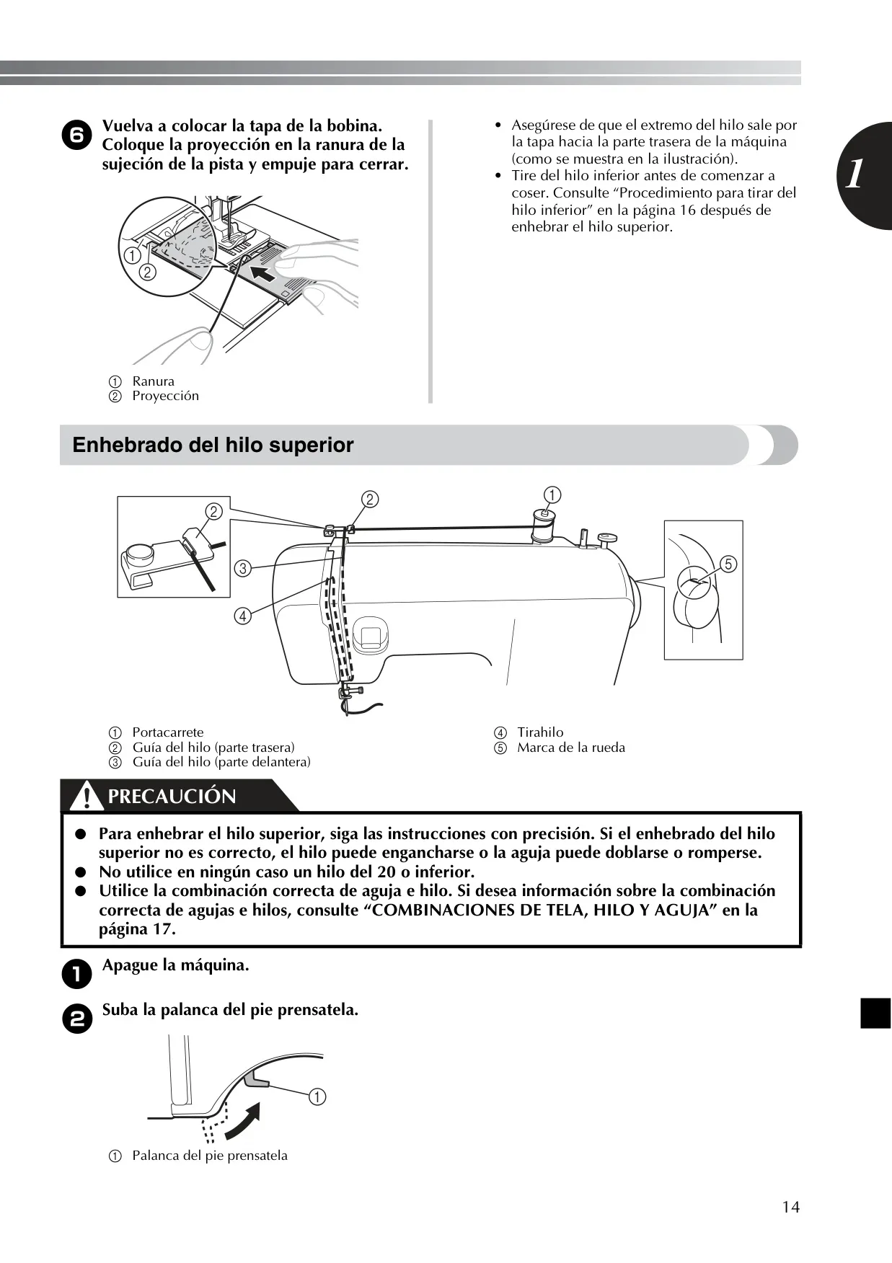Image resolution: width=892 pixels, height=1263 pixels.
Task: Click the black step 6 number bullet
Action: (x=76, y=135)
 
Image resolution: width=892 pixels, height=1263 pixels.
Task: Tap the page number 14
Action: (x=790, y=1207)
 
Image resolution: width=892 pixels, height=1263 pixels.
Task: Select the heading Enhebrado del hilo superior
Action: (x=213, y=445)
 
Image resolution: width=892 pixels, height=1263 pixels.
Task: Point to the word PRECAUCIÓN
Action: (x=172, y=797)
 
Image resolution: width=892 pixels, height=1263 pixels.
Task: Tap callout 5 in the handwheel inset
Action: (x=728, y=564)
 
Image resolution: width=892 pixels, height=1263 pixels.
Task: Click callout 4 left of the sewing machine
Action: (x=243, y=616)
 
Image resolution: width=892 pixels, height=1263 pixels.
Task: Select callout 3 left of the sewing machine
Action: (x=243, y=568)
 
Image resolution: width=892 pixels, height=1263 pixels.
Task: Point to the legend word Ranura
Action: (x=153, y=381)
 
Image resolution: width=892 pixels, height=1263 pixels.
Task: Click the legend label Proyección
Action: (x=165, y=396)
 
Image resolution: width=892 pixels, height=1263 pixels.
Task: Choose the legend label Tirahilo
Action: (x=540, y=732)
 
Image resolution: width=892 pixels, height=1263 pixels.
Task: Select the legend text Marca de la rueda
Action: (x=571, y=748)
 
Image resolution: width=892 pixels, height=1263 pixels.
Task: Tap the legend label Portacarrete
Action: (x=168, y=732)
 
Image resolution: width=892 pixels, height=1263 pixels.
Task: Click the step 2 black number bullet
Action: (x=76, y=1019)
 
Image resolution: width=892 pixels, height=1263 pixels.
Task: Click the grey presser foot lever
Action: (x=257, y=1078)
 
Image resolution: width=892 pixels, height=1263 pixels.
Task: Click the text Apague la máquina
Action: (x=175, y=965)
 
